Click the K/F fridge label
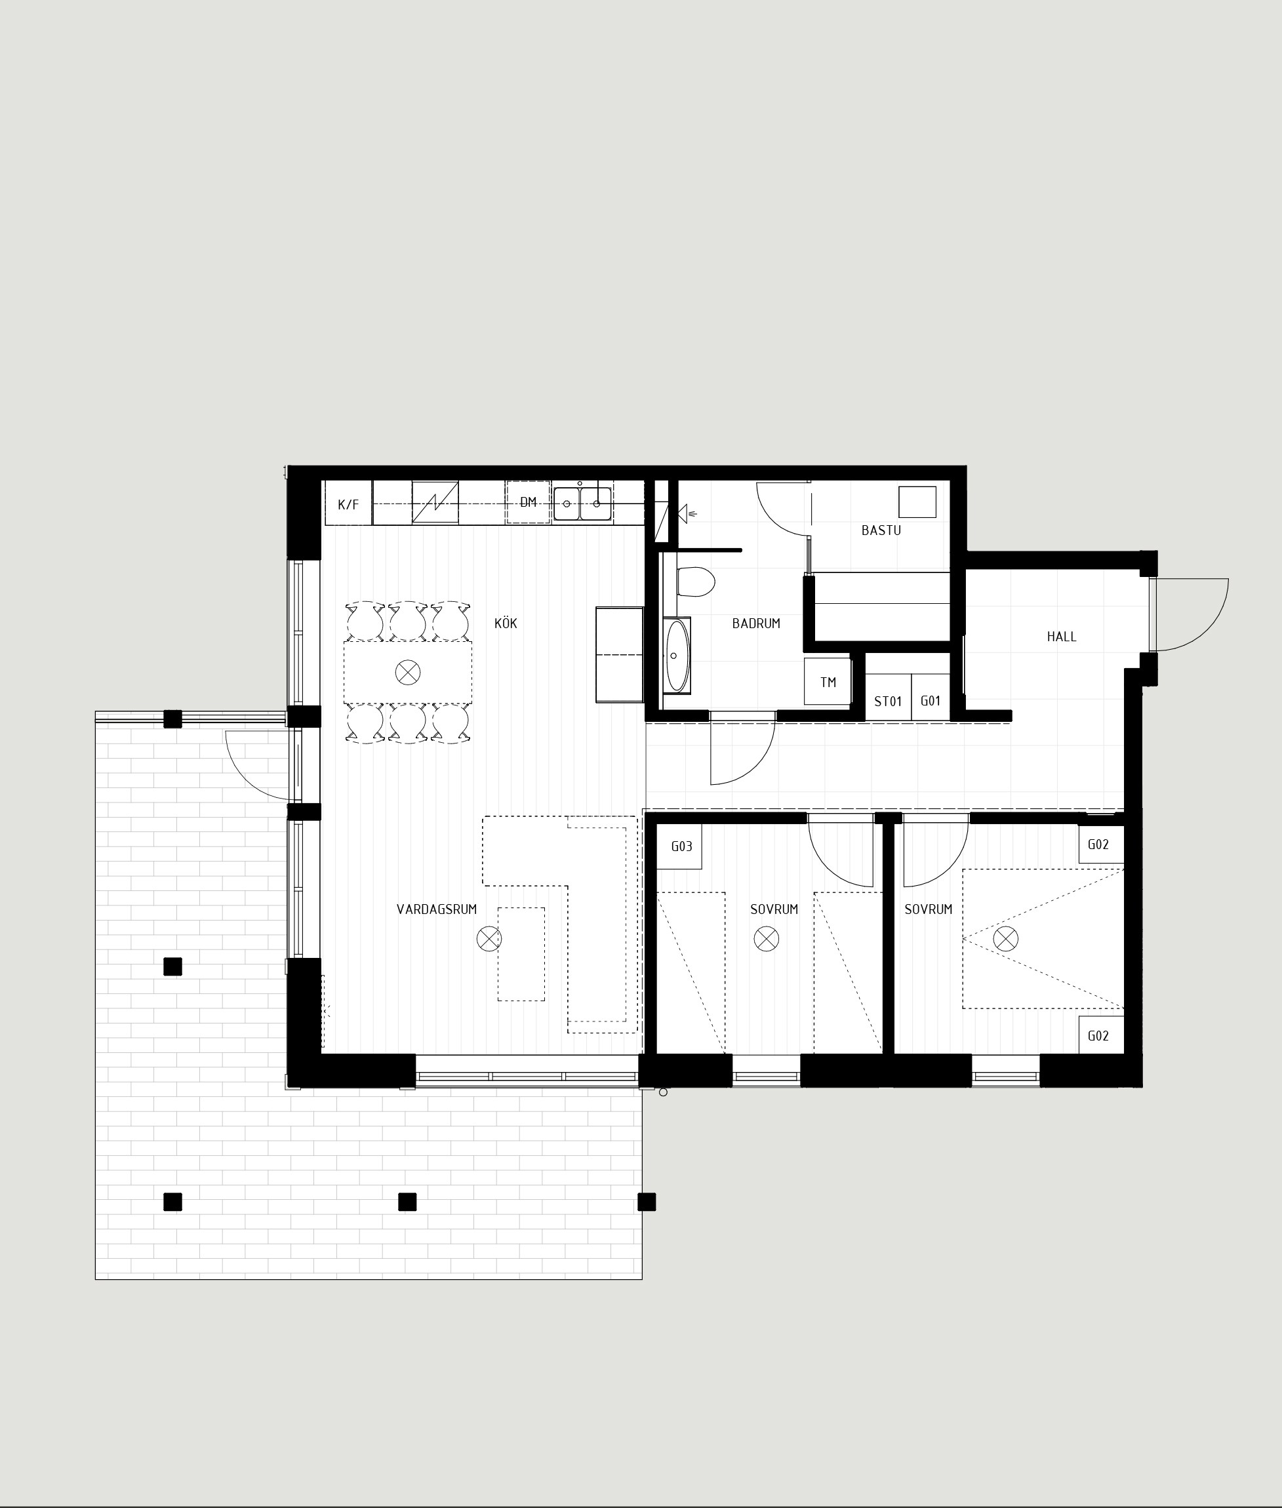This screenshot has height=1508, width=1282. [348, 504]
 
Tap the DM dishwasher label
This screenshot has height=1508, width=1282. [529, 502]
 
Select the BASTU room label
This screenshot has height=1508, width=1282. [881, 530]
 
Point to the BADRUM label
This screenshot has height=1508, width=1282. [756, 624]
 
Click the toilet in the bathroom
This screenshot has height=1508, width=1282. [696, 582]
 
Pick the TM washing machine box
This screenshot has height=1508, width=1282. [827, 681]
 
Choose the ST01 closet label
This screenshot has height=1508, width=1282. [887, 702]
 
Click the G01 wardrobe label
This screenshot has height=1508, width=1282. [931, 701]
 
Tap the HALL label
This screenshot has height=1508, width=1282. [1061, 637]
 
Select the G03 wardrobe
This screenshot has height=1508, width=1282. [680, 846]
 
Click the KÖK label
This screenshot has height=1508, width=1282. [506, 624]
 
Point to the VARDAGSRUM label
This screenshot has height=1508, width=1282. [437, 909]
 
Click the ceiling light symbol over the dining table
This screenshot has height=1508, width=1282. [408, 672]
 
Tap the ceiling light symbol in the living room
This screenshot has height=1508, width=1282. [489, 939]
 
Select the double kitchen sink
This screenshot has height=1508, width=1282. [582, 503]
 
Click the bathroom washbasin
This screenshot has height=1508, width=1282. [677, 656]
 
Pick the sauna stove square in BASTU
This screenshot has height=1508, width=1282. [917, 502]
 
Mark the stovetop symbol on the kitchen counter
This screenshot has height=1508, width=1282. [435, 502]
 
